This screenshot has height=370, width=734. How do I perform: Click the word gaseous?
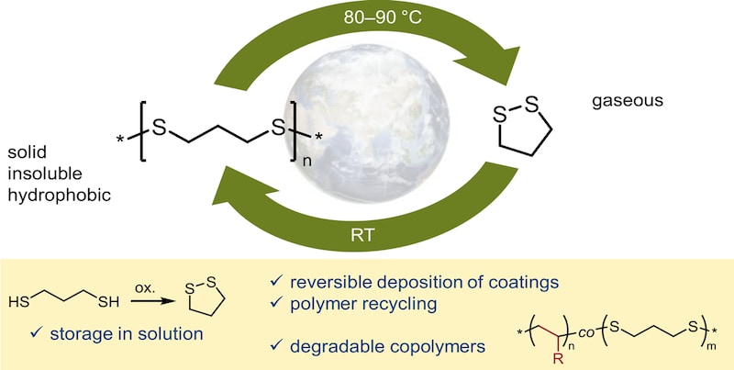click(628, 101)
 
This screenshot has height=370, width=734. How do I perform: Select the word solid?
click(28, 153)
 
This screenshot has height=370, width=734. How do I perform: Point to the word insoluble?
click(45, 174)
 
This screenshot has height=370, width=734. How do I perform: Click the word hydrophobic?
click(59, 195)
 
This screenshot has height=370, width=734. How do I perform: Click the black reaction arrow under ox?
click(149, 303)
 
